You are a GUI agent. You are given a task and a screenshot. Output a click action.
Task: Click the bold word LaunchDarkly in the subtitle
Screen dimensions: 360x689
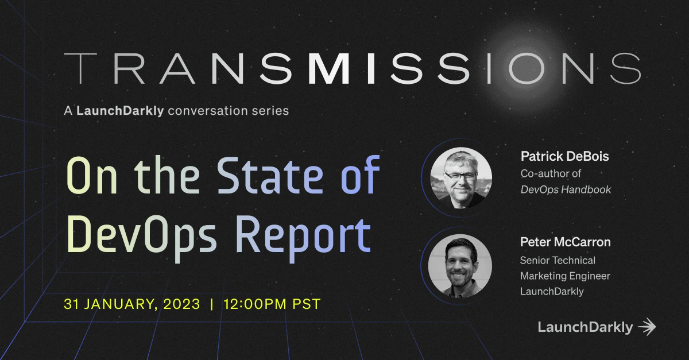[x=121, y=110]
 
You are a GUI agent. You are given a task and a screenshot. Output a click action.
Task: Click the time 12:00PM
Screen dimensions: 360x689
[x=259, y=304]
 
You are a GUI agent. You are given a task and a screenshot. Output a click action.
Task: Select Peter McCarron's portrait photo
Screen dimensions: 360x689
[x=460, y=265]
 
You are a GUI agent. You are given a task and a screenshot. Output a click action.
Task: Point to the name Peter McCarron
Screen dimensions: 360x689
[x=565, y=242]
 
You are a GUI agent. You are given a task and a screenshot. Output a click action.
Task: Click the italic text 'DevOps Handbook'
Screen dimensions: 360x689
[x=566, y=189]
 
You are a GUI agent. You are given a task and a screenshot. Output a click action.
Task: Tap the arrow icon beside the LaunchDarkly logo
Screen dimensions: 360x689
[x=647, y=327]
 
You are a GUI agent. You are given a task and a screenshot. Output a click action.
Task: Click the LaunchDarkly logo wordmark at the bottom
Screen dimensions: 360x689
[x=585, y=327]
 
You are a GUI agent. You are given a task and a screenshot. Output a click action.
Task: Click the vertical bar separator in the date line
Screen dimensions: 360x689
[x=212, y=304]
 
